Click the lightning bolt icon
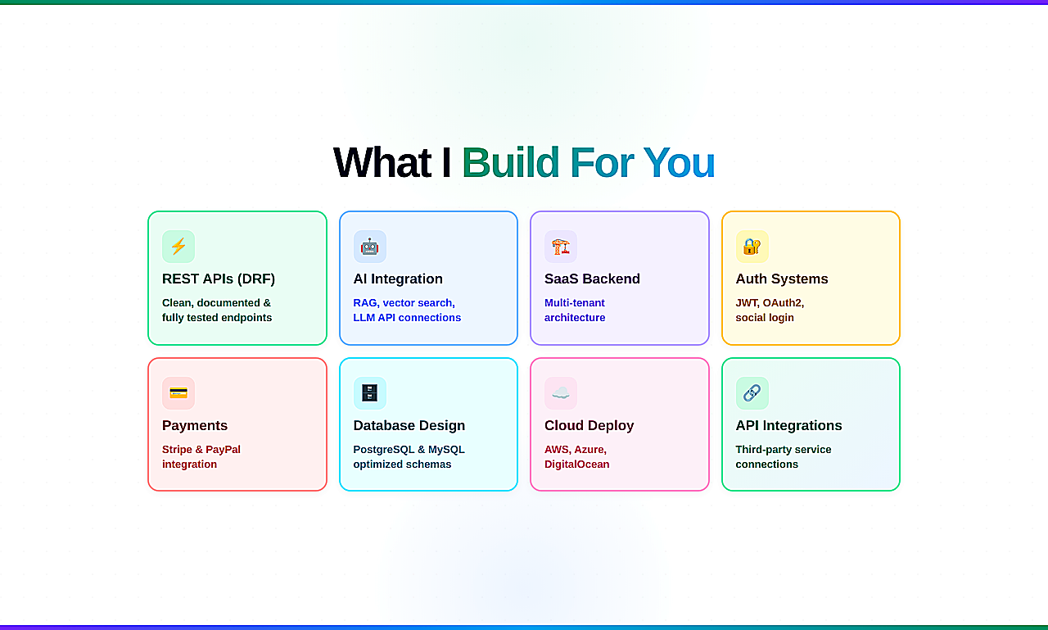[x=178, y=247]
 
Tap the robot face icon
[x=369, y=247]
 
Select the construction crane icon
[x=561, y=247]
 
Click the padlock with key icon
[x=752, y=247]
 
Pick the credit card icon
[x=178, y=392]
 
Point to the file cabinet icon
[x=369, y=392]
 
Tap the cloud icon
[x=561, y=392]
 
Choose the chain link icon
[x=752, y=392]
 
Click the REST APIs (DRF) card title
[x=219, y=279]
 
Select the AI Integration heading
[x=398, y=279]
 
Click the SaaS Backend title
[x=592, y=279]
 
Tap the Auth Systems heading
[x=782, y=279]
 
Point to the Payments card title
[x=195, y=425]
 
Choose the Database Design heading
[x=409, y=425]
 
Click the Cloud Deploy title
[x=589, y=425]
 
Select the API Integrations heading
[x=788, y=425]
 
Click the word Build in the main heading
[x=510, y=162]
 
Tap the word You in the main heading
[x=679, y=163]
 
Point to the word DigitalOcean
[x=577, y=465]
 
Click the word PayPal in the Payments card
[x=223, y=450]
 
